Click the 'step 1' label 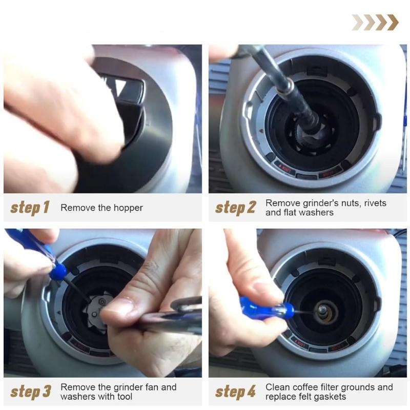[x=30, y=208]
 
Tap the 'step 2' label [x=235, y=208]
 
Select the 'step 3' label [x=31, y=392]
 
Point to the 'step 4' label [x=235, y=392]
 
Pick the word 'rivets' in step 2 [x=375, y=203]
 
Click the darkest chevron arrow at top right [x=393, y=23]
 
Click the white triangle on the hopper [x=120, y=86]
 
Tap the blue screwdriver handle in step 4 [x=266, y=308]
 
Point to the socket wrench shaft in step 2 [x=287, y=86]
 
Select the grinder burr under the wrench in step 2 [x=314, y=136]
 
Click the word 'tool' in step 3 [x=125, y=396]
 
